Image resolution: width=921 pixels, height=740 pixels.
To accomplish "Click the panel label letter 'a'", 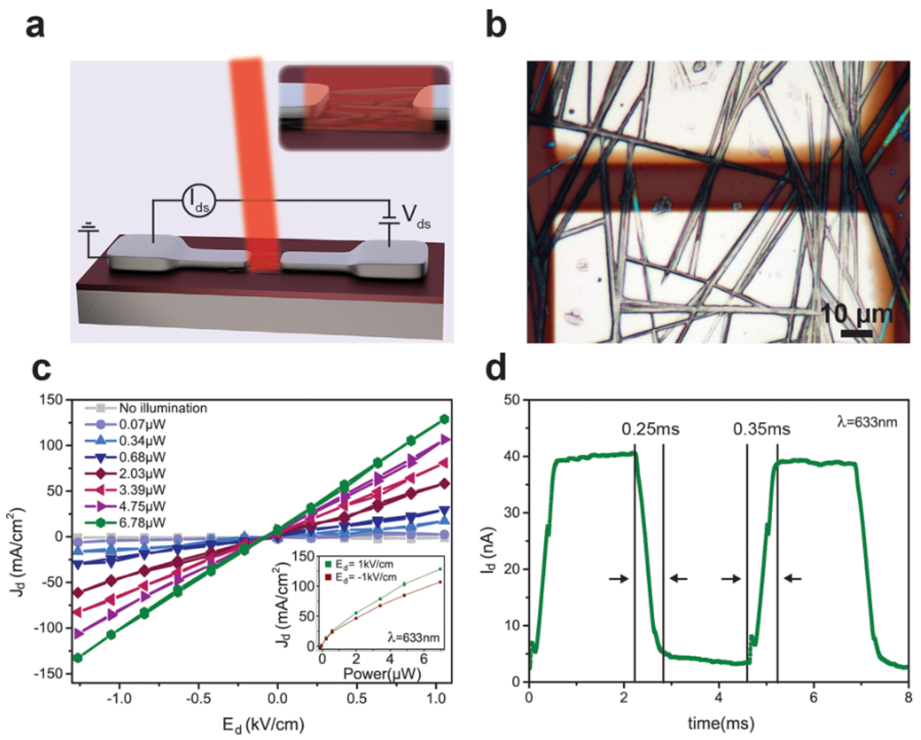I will pyautogui.click(x=35, y=26).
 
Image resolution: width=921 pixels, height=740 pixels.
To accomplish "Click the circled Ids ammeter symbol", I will pyautogui.click(x=199, y=200).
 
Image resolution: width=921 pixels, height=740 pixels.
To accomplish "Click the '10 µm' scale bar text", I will pyautogui.click(x=857, y=314).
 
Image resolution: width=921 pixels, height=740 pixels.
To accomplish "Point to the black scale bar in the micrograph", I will pyautogui.click(x=857, y=333).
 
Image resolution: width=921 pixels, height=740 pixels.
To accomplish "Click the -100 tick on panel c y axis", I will pyautogui.click(x=50, y=628).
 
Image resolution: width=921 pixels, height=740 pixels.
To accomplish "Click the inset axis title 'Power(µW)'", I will pyautogui.click(x=382, y=674).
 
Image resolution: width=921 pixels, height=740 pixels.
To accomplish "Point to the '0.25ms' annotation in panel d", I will pyautogui.click(x=650, y=429).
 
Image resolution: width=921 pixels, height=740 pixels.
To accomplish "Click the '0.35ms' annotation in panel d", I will pyautogui.click(x=762, y=429).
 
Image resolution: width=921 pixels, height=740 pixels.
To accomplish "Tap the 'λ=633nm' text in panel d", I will pyautogui.click(x=867, y=422).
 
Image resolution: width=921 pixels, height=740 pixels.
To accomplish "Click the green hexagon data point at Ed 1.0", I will pyautogui.click(x=445, y=419).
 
